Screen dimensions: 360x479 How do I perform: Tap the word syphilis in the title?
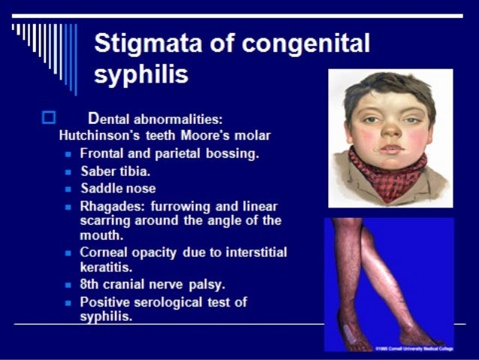[141, 74]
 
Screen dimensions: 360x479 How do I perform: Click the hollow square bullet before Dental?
[50, 117]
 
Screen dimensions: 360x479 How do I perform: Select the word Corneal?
[104, 252]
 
